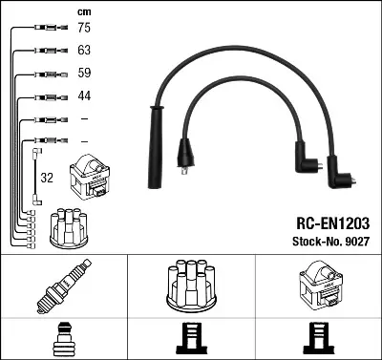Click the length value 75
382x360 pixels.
83,28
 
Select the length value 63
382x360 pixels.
83,51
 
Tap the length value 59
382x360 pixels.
83,74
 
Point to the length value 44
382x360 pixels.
83,96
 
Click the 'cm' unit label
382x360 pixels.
83,11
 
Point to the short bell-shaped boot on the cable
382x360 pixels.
187,153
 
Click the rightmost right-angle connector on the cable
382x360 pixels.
344,178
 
